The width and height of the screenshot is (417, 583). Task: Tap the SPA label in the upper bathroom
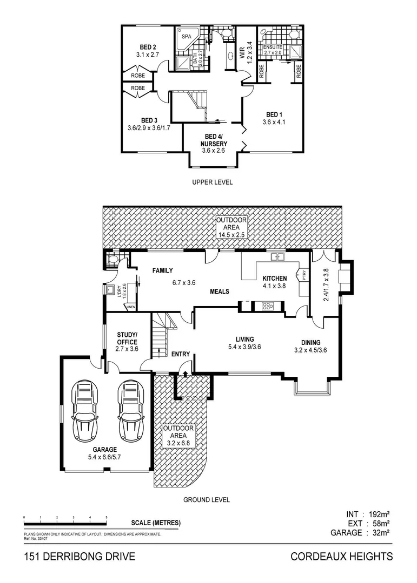click(186, 37)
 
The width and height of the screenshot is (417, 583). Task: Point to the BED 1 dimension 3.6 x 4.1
click(274, 122)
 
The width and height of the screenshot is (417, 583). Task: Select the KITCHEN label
click(274, 278)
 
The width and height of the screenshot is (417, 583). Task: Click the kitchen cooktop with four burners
click(268, 306)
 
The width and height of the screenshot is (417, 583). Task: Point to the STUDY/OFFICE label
click(127, 338)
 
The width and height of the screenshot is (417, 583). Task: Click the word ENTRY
click(181, 354)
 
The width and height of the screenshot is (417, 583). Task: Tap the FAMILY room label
click(162, 270)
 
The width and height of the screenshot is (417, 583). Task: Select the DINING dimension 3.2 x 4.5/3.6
click(307, 350)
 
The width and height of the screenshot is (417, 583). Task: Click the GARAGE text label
click(104, 449)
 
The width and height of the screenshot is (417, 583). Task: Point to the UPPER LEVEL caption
click(212, 182)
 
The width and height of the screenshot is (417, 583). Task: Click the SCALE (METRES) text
click(156, 523)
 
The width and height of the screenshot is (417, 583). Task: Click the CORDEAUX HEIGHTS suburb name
click(341, 557)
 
